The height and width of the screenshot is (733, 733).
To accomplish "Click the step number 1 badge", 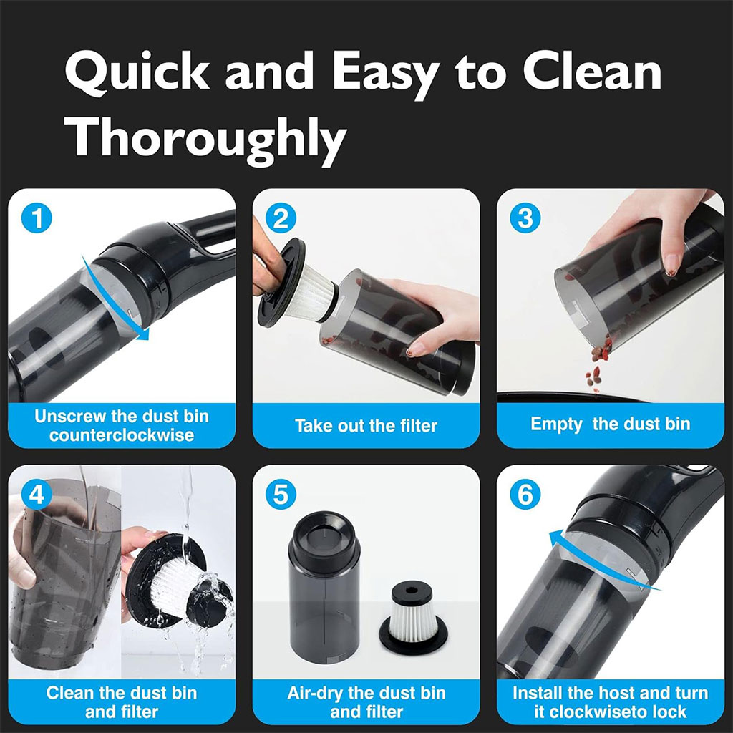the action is [x=37, y=218].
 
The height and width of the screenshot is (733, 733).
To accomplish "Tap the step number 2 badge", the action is [x=281, y=218].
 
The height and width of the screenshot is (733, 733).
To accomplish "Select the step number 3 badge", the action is [x=525, y=218].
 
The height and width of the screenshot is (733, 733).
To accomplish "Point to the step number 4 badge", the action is [x=37, y=494].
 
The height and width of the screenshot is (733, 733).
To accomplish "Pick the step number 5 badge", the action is [x=281, y=494].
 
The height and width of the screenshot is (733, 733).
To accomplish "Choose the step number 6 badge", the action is [x=525, y=494].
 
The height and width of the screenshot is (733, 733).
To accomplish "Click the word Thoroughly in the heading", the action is [x=205, y=139].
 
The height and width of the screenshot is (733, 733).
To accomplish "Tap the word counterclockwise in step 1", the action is [x=122, y=435].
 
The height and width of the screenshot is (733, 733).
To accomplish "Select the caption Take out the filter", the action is [x=366, y=426].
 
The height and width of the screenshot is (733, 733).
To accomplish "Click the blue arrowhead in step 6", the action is [x=555, y=540].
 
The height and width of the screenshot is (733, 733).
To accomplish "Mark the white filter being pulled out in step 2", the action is [x=309, y=294].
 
